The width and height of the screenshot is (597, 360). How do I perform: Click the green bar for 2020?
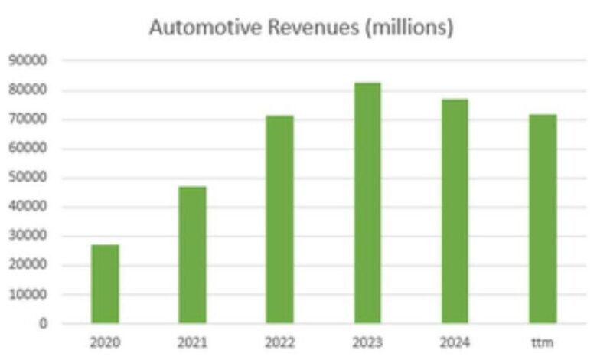click(105, 284)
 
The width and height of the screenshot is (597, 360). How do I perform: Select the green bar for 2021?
click(192, 255)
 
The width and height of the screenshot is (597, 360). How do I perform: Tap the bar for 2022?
click(279, 220)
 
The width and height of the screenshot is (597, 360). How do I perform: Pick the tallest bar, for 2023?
click(367, 203)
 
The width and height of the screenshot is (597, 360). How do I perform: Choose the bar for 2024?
click(455, 211)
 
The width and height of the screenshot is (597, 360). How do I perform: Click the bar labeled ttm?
click(543, 219)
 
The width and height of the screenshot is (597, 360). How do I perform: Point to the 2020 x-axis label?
click(105, 342)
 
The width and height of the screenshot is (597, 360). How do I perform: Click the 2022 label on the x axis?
click(279, 342)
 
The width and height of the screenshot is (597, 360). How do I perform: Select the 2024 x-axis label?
click(455, 342)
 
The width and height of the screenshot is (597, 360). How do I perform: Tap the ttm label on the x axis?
click(543, 342)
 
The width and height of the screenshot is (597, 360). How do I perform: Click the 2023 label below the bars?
click(367, 342)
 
